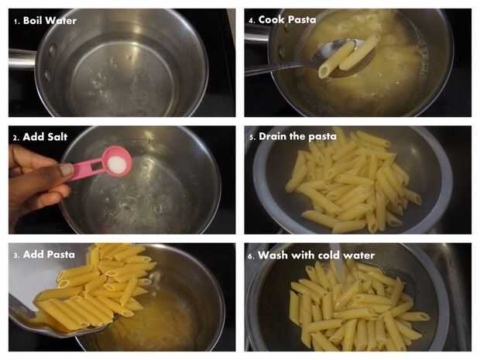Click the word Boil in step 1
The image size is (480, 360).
tap(33, 20)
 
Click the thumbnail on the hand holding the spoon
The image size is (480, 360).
tap(65, 170)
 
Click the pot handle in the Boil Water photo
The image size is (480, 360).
tap(22, 59)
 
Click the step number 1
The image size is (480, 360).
tap(17, 22)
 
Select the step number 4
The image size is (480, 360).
tap(252, 20)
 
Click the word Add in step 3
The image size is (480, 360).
tap(33, 255)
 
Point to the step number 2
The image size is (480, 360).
tap(16, 138)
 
